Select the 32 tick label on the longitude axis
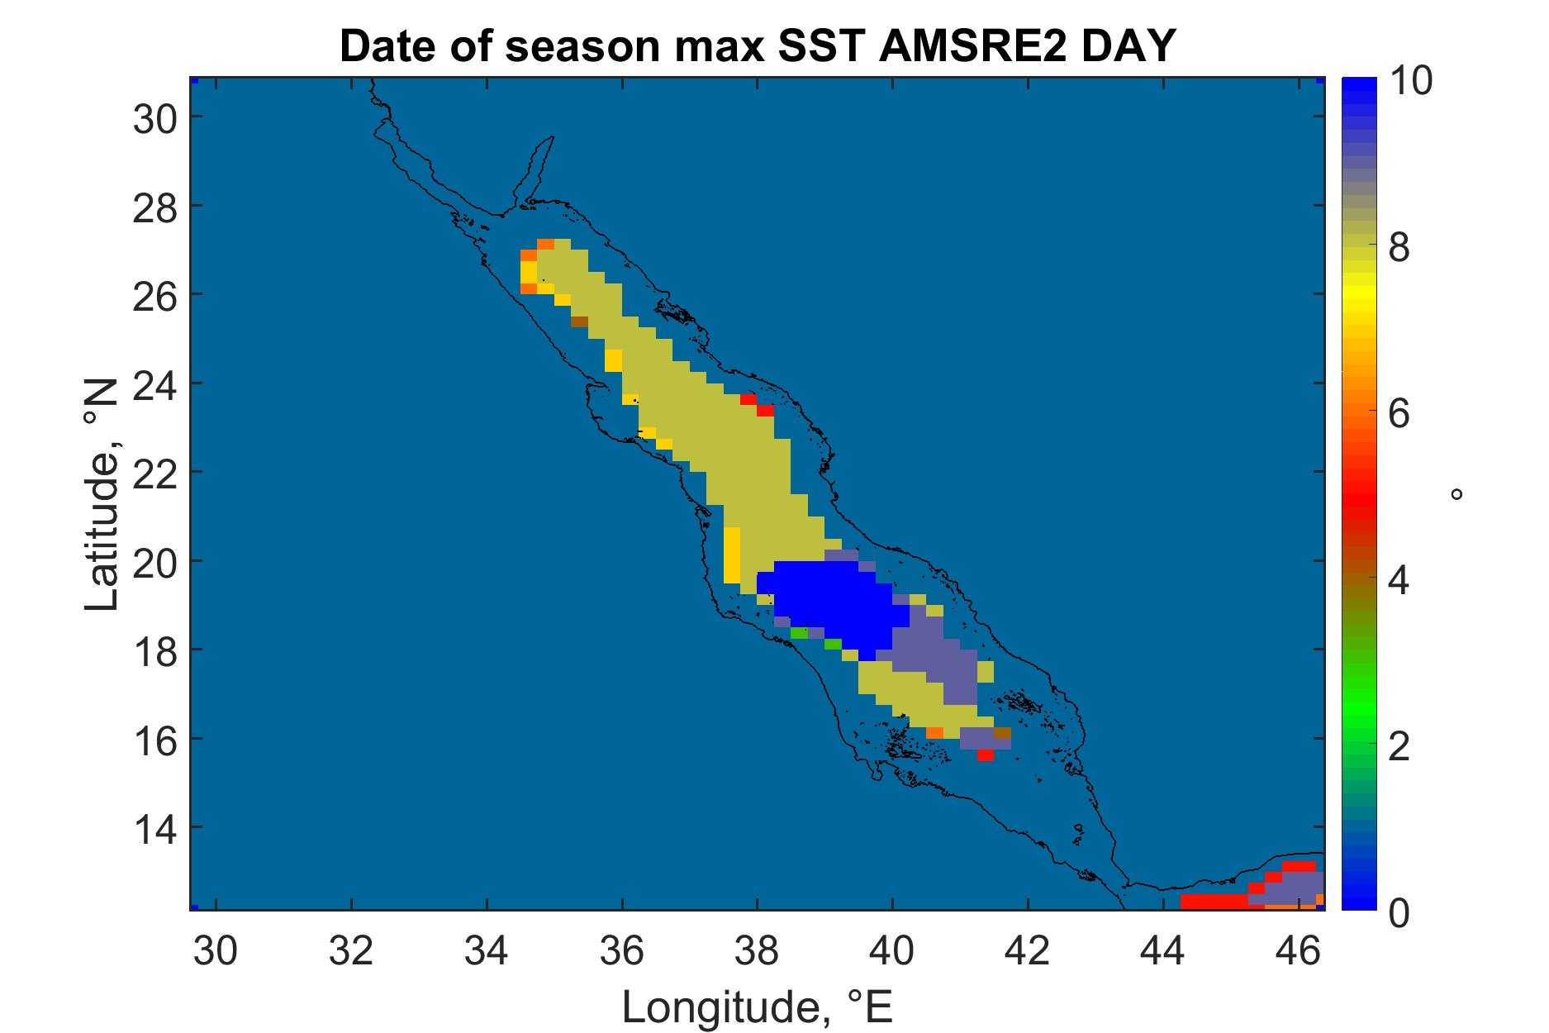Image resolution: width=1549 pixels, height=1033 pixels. (x=351, y=951)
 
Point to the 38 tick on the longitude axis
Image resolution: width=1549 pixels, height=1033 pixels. (x=757, y=951)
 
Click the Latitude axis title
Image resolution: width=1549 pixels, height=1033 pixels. (x=102, y=496)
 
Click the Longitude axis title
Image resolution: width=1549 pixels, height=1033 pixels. (x=758, y=1007)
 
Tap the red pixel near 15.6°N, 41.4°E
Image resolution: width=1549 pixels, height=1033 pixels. (x=985, y=755)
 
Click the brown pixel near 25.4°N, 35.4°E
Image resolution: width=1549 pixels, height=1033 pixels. (x=579, y=321)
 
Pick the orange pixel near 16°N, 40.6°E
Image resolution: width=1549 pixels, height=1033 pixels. (x=934, y=733)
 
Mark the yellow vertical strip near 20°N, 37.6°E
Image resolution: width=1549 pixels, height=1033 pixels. (x=732, y=555)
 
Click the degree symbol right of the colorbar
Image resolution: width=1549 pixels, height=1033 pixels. (x=1456, y=494)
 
